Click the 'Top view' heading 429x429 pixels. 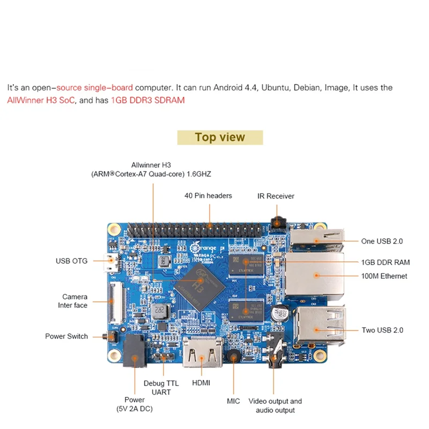click(x=220, y=137)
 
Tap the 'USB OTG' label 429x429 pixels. click(x=72, y=262)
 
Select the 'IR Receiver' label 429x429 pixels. click(x=276, y=196)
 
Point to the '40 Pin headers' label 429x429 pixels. click(x=208, y=196)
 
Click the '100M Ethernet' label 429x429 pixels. click(x=384, y=276)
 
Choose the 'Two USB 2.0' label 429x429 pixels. click(x=382, y=330)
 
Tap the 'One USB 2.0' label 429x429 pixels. click(x=382, y=241)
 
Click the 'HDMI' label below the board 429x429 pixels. click(x=201, y=383)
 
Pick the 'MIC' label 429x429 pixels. click(x=233, y=401)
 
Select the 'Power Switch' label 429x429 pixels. click(x=66, y=336)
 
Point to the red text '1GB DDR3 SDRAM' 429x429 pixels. click(x=147, y=100)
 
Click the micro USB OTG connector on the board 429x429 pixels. click(x=112, y=263)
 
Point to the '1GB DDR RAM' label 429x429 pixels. click(x=385, y=262)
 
